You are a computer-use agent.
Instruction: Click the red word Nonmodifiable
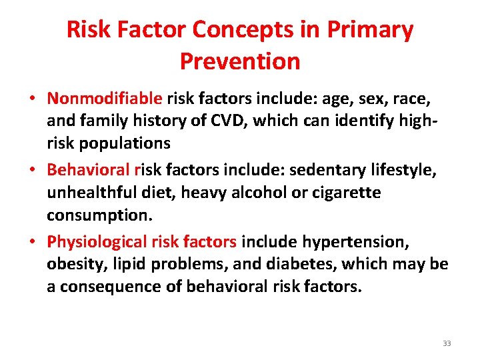(x=105, y=99)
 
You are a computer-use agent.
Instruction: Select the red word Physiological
(x=97, y=241)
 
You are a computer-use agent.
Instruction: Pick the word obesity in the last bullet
(x=74, y=264)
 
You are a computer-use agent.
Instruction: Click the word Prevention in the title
(x=240, y=61)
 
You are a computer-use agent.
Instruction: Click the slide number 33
(x=447, y=343)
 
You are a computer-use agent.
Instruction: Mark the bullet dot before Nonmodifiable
(x=32, y=99)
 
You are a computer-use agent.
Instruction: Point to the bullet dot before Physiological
(x=32, y=241)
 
